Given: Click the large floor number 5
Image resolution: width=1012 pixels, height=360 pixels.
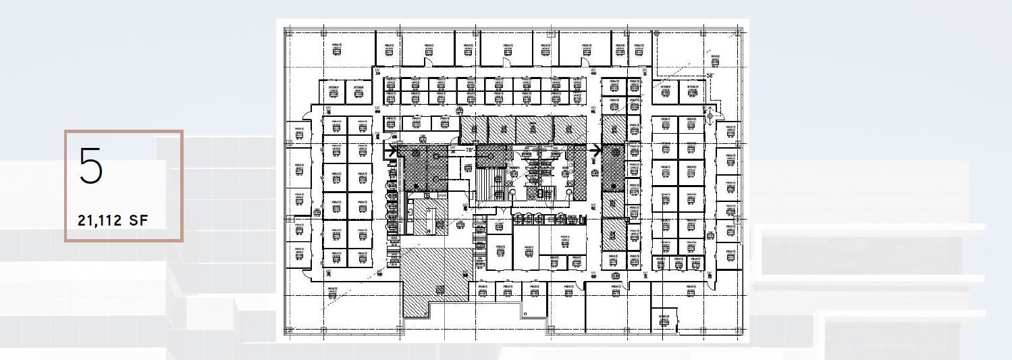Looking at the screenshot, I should click(91, 165).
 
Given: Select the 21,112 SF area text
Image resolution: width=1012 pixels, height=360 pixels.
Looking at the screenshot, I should click(113, 220).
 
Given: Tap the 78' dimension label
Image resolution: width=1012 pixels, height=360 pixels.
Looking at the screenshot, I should click(469, 150).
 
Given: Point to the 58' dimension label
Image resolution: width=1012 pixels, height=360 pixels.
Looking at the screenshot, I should click(710, 76).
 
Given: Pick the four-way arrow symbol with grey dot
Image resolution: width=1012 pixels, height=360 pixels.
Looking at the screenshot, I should click(709, 115).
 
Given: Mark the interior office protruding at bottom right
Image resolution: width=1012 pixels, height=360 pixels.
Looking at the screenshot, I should click(664, 319).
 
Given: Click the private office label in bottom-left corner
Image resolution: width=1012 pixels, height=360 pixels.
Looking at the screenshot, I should click(332, 292).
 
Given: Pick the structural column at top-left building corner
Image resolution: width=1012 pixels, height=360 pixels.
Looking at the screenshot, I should click(288, 31).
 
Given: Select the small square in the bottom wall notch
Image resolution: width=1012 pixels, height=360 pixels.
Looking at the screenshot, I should click(525, 313).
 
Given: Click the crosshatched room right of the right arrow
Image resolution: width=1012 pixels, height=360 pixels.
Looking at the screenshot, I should click(613, 168).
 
